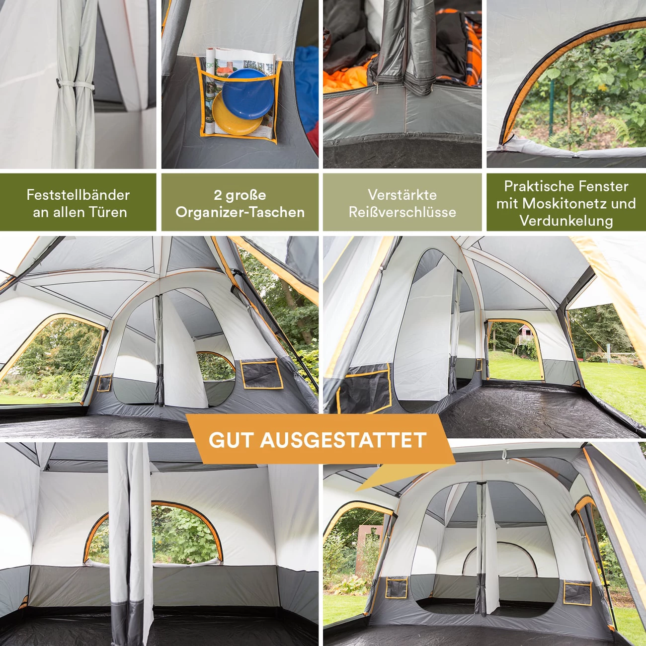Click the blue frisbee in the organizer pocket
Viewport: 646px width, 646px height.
coord(248,93)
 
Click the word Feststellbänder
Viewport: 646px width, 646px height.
coord(78,195)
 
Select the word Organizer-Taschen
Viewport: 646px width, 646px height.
coord(240,212)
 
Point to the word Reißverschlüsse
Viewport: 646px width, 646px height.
coord(403,212)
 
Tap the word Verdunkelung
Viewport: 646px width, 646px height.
coord(566,221)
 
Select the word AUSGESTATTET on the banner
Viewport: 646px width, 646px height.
coord(343,440)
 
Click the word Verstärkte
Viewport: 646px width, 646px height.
coord(403,195)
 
